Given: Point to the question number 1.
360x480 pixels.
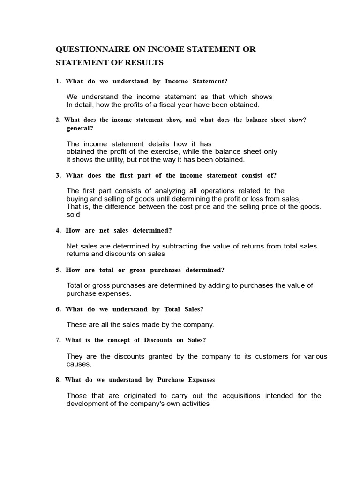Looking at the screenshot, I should pos(58,82).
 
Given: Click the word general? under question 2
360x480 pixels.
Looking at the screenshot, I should pos(80,128).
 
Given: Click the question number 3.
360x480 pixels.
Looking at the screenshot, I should pos(58,176).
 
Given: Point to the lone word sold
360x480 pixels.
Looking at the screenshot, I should pos(73,214).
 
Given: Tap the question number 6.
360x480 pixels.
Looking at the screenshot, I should pos(58,309).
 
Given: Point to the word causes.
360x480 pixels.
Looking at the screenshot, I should pos(79,364).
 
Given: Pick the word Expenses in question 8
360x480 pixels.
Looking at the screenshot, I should pos(201,380).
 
